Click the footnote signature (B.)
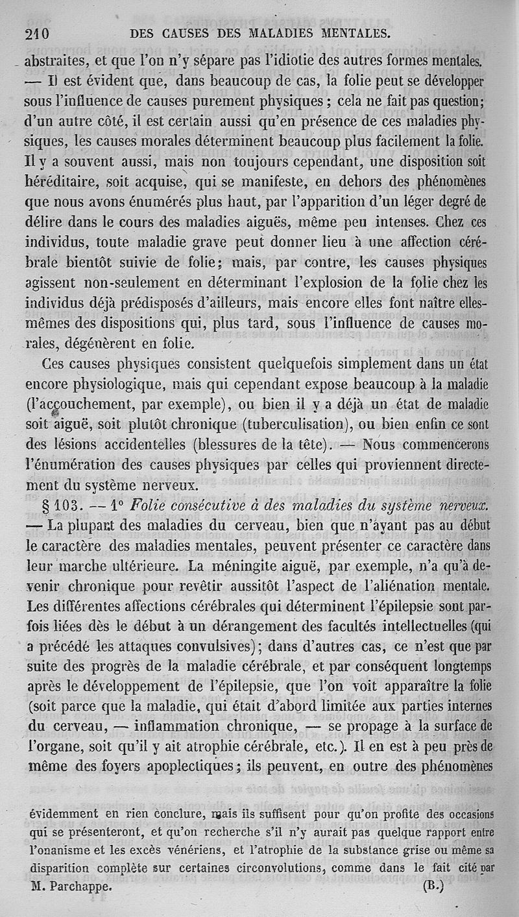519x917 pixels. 433,886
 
